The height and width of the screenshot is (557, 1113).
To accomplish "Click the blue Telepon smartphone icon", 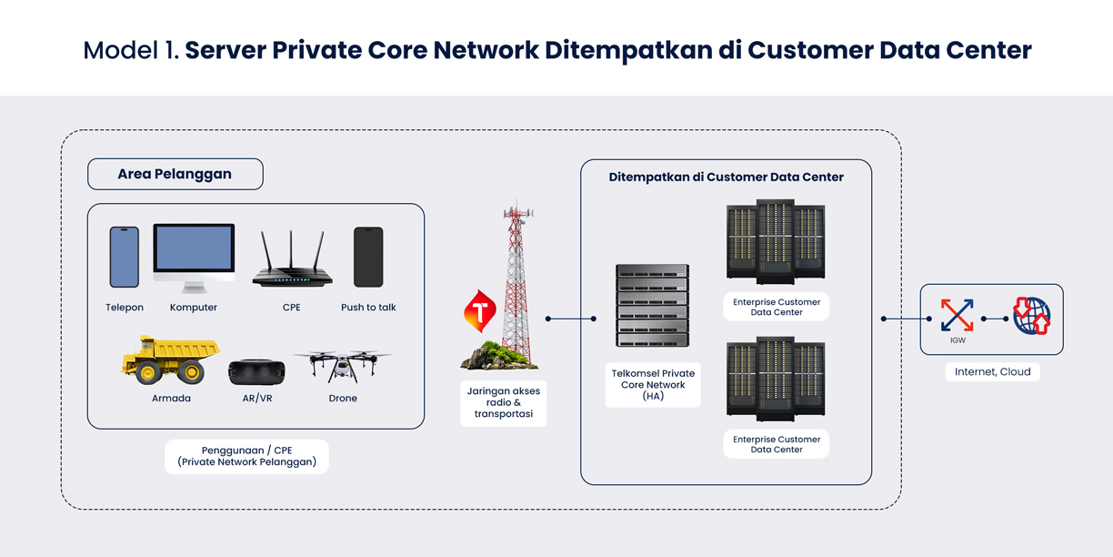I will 125,257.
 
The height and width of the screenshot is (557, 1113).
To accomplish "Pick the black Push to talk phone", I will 368,257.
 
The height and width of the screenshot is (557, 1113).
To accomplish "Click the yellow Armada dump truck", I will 171,360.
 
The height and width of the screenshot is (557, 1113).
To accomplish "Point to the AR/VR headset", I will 256,371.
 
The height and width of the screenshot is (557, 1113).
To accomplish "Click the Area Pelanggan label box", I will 175,174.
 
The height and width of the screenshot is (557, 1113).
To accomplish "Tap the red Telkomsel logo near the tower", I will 479,311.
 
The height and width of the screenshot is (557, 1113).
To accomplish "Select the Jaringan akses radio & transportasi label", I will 504,403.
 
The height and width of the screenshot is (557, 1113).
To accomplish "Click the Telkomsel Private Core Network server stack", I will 652,305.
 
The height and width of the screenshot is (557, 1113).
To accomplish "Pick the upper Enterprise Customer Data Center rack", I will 776,242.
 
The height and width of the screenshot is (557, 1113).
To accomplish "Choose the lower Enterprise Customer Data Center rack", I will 776,380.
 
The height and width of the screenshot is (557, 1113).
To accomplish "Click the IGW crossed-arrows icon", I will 958,315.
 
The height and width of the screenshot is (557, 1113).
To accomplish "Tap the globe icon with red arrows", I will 1032,316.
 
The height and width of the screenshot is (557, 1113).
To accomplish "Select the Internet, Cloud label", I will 992,371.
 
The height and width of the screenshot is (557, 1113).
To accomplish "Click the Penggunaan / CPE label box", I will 247,456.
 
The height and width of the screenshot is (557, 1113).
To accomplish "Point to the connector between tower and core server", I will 571,319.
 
